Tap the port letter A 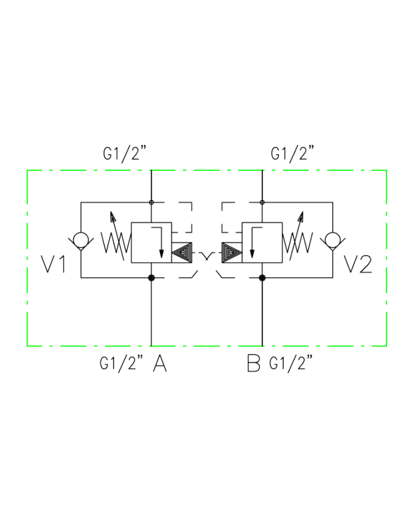click(159, 364)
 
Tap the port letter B click(254, 364)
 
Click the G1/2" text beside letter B click(291, 364)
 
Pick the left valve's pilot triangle click(182, 253)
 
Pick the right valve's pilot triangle click(230, 253)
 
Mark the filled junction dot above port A click(151, 277)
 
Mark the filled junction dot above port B click(263, 277)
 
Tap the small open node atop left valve click(151, 202)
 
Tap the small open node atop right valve click(263, 202)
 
